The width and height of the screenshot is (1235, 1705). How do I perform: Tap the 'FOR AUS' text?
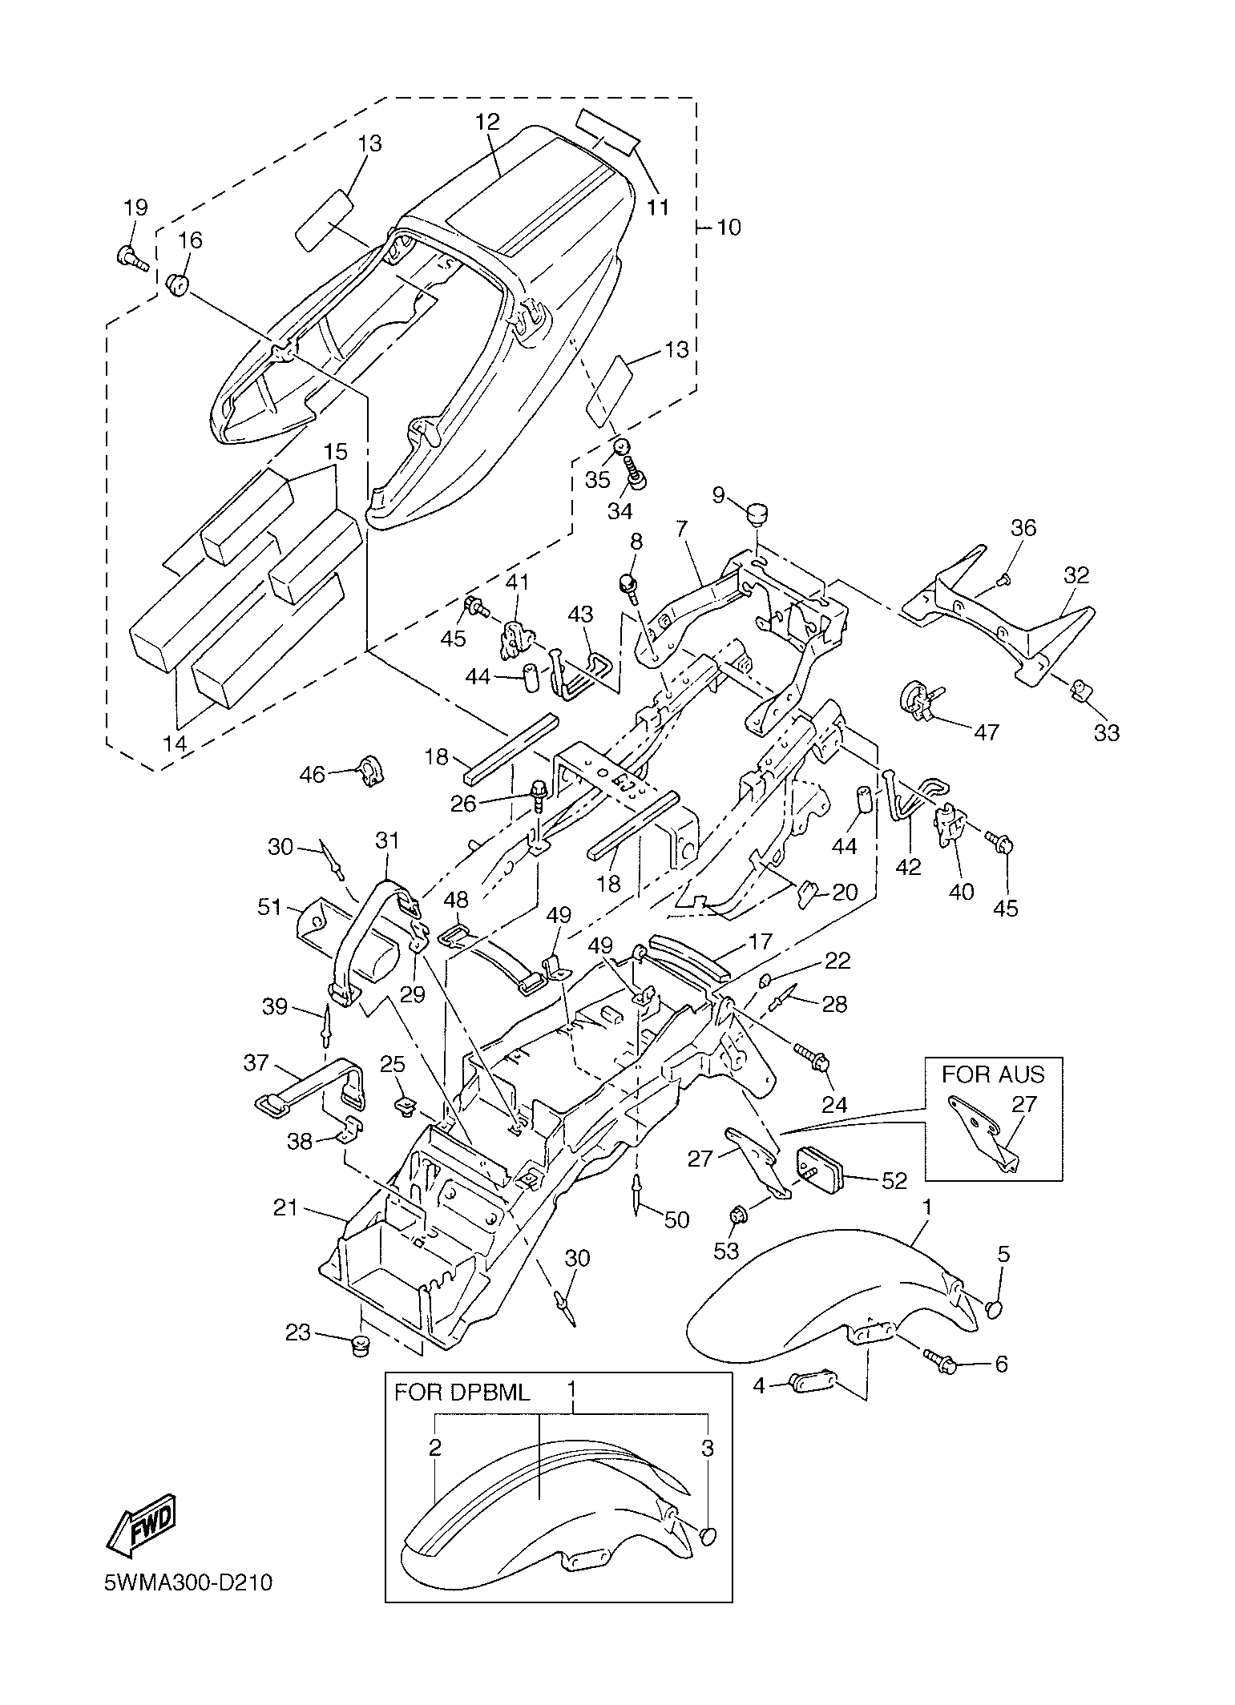coord(993,1073)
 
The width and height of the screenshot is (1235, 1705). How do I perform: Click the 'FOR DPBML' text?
coord(462,1392)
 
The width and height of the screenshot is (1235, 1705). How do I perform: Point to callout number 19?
coord(135,208)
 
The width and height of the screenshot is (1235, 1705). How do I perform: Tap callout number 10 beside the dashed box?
coord(728,228)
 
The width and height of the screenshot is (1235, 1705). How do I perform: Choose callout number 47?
coord(987,732)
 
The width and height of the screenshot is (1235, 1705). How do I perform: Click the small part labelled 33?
coord(1082,688)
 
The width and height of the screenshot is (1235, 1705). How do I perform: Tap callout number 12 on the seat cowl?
coord(487,122)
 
